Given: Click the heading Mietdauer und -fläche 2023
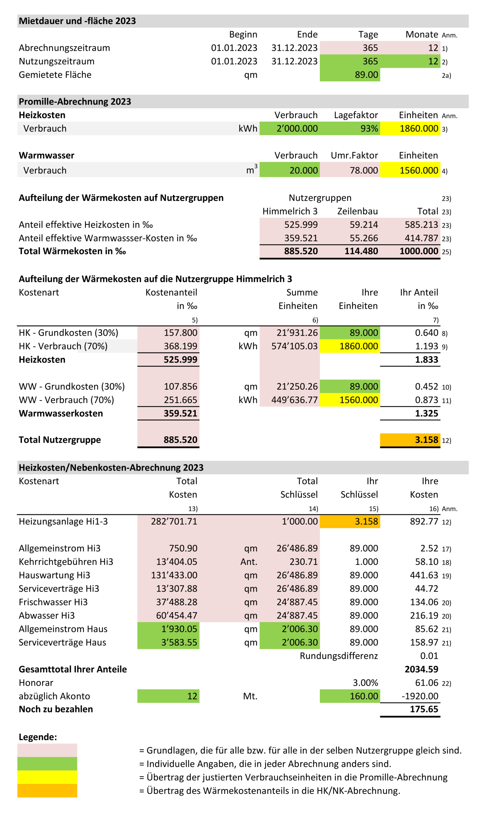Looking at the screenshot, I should pyautogui.click(x=77, y=21).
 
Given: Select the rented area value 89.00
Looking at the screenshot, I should pyautogui.click(x=366, y=75).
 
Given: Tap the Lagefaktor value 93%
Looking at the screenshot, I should pyautogui.click(x=369, y=128).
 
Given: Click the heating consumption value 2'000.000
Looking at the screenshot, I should pyautogui.click(x=297, y=128).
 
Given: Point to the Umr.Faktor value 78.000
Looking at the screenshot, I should pyautogui.click(x=364, y=170).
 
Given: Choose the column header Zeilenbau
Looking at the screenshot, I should pyautogui.click(x=358, y=211).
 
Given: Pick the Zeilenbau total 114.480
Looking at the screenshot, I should pyautogui.click(x=361, y=251).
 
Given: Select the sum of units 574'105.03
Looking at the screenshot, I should pyautogui.click(x=294, y=346).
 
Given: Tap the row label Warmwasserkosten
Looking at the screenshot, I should pyautogui.click(x=61, y=413).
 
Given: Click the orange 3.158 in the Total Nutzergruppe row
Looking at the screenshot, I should pyautogui.click(x=426, y=440).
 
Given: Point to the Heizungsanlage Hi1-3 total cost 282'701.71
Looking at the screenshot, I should pyautogui.click(x=174, y=521).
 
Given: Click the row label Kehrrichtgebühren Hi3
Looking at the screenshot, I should pyautogui.click(x=66, y=562).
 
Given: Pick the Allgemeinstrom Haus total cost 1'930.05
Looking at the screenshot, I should pyautogui.click(x=179, y=629).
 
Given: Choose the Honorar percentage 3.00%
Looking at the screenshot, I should pyautogui.click(x=365, y=683).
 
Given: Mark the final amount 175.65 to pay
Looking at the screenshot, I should pyautogui.click(x=424, y=709).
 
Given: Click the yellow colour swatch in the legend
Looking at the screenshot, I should pyautogui.click(x=47, y=777).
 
